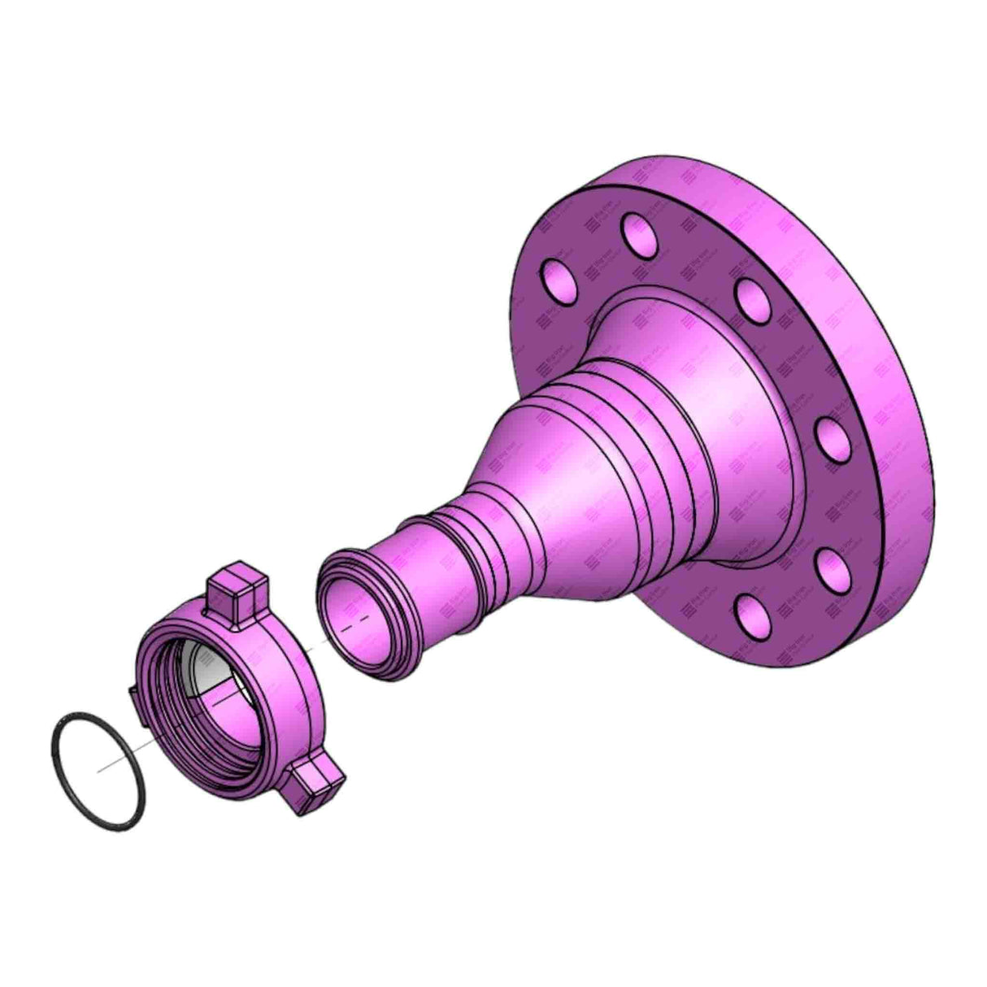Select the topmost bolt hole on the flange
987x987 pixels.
640,234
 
